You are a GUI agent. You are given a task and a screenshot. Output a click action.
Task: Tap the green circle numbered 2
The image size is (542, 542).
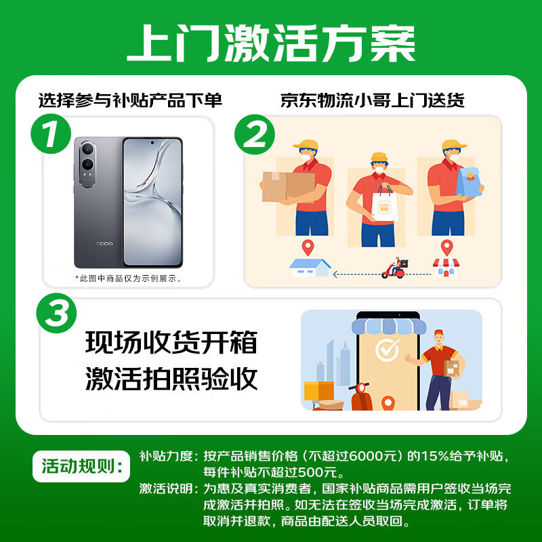[255, 136]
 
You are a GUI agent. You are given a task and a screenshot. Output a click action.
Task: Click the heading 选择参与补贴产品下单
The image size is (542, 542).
[130, 101]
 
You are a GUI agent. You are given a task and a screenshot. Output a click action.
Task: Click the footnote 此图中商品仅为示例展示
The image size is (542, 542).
[129, 278]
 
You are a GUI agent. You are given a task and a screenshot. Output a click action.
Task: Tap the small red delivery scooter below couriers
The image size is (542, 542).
[394, 269]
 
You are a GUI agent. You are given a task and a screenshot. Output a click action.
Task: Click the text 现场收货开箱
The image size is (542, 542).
[171, 343]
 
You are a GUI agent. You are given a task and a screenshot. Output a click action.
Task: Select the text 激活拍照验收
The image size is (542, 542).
[171, 379]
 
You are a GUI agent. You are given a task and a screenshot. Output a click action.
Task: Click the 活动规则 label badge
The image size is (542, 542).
[81, 467]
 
